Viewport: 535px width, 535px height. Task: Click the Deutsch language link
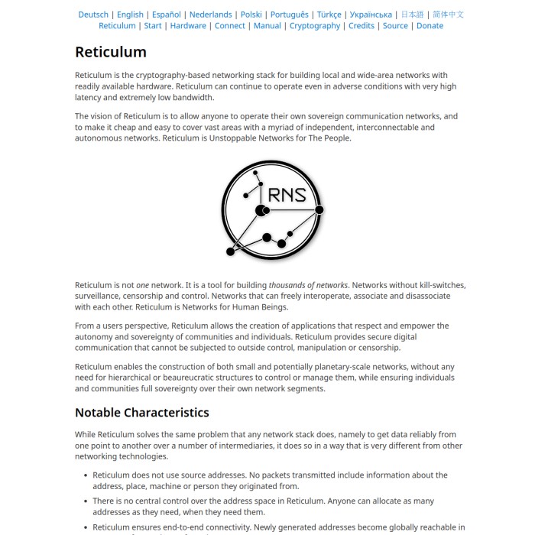point(93,15)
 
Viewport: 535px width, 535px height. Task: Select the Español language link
point(167,15)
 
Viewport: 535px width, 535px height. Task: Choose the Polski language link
point(251,15)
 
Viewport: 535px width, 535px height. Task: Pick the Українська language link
point(371,15)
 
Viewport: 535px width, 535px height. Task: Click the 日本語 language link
point(412,15)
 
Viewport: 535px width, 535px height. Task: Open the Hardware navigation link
point(188,26)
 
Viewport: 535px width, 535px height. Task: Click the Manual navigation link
point(267,26)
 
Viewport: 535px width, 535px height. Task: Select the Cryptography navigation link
point(315,26)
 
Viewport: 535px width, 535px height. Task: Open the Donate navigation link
point(430,26)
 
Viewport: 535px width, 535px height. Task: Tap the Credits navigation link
point(362,26)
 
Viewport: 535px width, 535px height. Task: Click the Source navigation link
point(395,26)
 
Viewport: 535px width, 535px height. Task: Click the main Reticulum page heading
point(111,52)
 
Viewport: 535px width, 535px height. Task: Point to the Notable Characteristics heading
point(142,413)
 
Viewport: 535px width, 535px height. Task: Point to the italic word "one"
point(142,285)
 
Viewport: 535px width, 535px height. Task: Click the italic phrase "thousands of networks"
point(308,285)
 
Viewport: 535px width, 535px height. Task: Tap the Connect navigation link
point(230,26)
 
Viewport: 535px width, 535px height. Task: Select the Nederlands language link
point(210,15)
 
